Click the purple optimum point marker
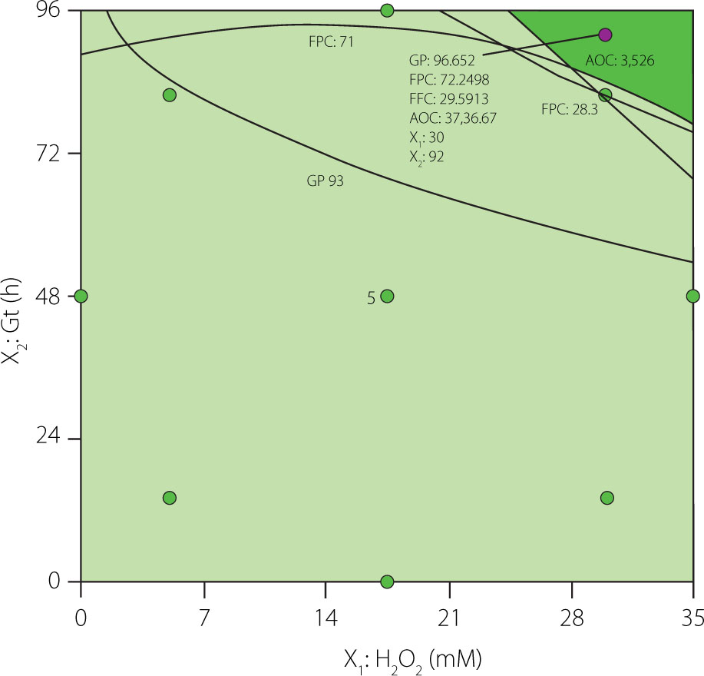(605, 35)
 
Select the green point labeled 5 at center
(387, 297)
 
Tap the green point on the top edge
(387, 10)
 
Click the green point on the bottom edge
(387, 582)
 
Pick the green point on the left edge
(81, 297)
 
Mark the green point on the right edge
(692, 297)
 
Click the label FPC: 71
(330, 41)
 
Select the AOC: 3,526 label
(620, 61)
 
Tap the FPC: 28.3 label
(569, 110)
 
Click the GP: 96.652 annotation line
(442, 60)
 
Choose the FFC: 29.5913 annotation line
(449, 98)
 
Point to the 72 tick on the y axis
(54, 154)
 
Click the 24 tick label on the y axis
(54, 439)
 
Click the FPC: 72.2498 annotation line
(449, 79)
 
